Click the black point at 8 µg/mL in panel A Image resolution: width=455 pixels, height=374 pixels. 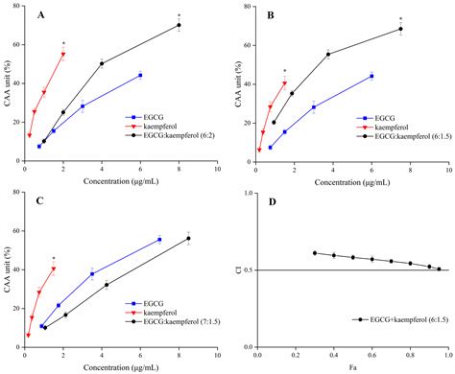(179, 25)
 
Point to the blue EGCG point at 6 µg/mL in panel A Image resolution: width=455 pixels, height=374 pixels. (140, 75)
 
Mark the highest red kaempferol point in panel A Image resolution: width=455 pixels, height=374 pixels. (63, 55)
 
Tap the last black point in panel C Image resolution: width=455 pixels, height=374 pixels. (188, 238)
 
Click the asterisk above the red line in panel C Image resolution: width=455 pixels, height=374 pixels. (53, 232)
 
